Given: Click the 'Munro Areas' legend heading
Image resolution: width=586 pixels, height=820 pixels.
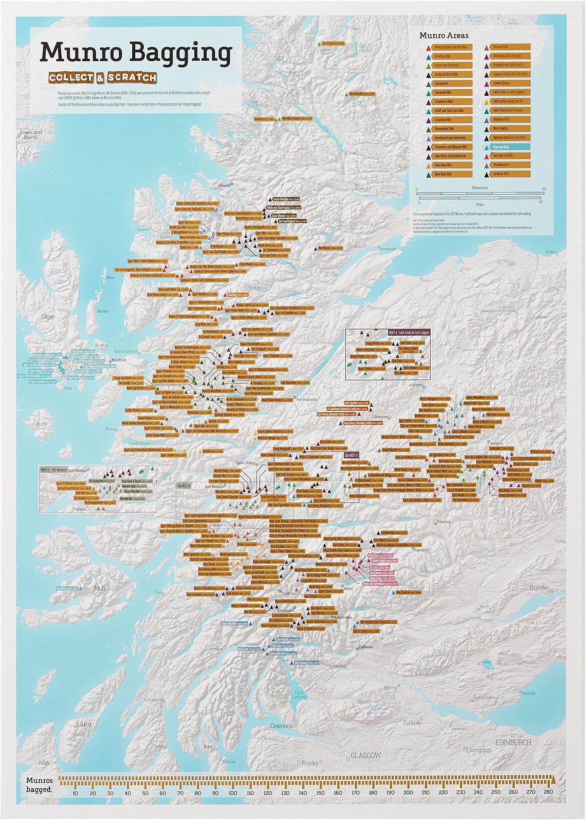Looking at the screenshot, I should click(x=444, y=35).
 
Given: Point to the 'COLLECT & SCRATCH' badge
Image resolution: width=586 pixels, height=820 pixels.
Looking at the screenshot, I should click(x=103, y=78).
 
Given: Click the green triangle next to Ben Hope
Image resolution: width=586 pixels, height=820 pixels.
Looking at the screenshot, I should click(x=319, y=44).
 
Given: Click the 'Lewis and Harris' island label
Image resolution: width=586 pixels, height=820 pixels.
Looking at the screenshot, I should click(x=31, y=134).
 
